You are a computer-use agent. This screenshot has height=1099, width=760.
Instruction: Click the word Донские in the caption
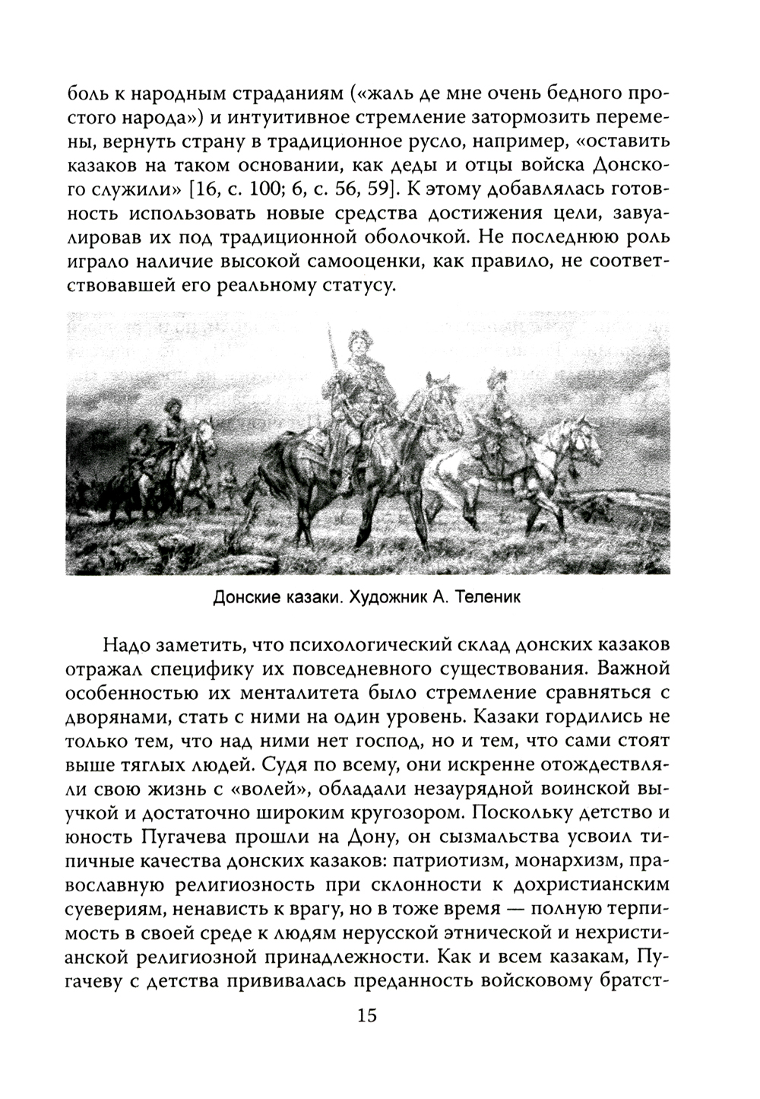point(242,598)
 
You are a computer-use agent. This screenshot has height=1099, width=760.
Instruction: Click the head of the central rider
point(355,342)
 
